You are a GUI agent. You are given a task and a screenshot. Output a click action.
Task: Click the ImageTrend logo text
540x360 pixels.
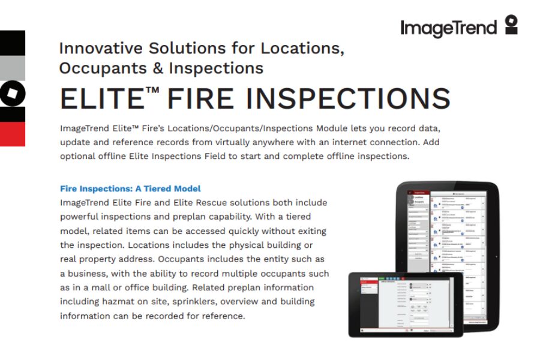pyautogui.click(x=448, y=28)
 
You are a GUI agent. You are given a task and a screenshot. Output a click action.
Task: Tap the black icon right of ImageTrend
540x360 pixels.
pyautogui.click(x=511, y=25)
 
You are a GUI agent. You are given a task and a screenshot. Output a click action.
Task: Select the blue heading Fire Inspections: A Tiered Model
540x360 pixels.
pyautogui.click(x=130, y=188)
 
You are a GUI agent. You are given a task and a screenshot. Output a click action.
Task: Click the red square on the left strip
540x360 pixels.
pyautogui.click(x=13, y=134)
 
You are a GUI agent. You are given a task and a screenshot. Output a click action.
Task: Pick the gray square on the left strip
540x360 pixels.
pyautogui.click(x=13, y=68)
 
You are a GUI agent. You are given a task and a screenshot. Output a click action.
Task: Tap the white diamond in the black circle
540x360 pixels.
pyautogui.click(x=13, y=94)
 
